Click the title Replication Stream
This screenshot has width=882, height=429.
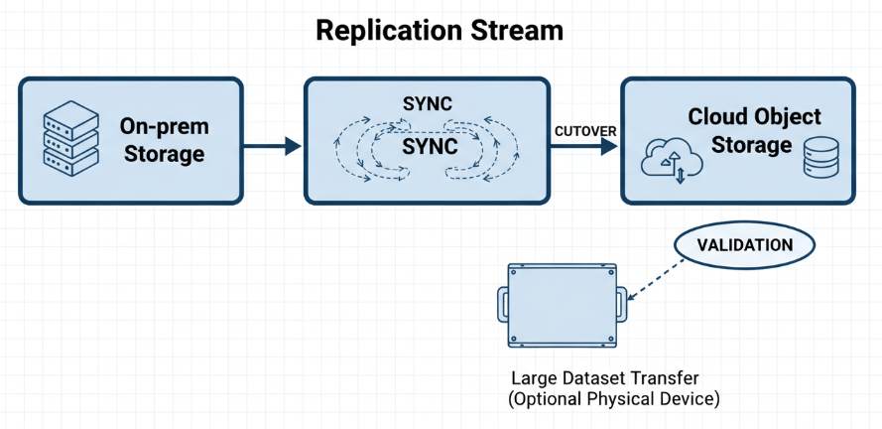[x=440, y=31]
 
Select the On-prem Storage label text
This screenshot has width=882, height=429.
[x=162, y=140]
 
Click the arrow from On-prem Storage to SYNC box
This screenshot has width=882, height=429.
[x=272, y=147]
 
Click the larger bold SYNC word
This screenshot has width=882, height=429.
[x=430, y=147]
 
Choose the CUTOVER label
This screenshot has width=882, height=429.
[x=584, y=130]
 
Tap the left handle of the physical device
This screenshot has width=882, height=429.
[x=501, y=304]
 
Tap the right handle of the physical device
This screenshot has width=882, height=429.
[x=623, y=304]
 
